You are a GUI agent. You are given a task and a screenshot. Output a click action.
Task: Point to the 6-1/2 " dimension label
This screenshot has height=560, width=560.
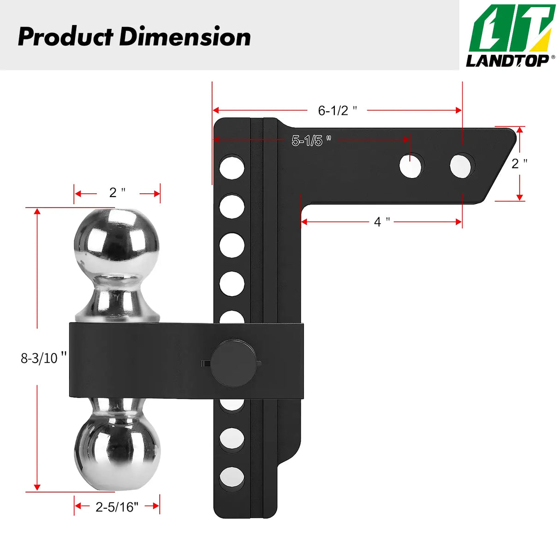pos(337,111)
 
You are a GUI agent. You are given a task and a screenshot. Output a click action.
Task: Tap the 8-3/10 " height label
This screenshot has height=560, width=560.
pos(43,357)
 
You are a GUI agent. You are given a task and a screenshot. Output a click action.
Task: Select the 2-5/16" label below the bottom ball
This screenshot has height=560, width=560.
pos(117,507)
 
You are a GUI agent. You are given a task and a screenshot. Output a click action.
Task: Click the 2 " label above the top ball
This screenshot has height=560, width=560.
pos(117,192)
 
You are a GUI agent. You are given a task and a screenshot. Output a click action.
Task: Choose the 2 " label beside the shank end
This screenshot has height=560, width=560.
pos(519,163)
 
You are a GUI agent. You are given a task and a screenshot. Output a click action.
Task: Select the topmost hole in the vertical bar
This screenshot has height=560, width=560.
pos(232,167)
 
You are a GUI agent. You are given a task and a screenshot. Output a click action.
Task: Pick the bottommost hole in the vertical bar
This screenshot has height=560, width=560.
pos(232,478)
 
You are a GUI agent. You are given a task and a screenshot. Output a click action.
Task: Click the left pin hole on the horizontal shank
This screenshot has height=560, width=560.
pos(411,166)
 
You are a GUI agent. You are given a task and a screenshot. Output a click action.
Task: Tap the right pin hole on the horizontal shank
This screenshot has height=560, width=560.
pos(462,166)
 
